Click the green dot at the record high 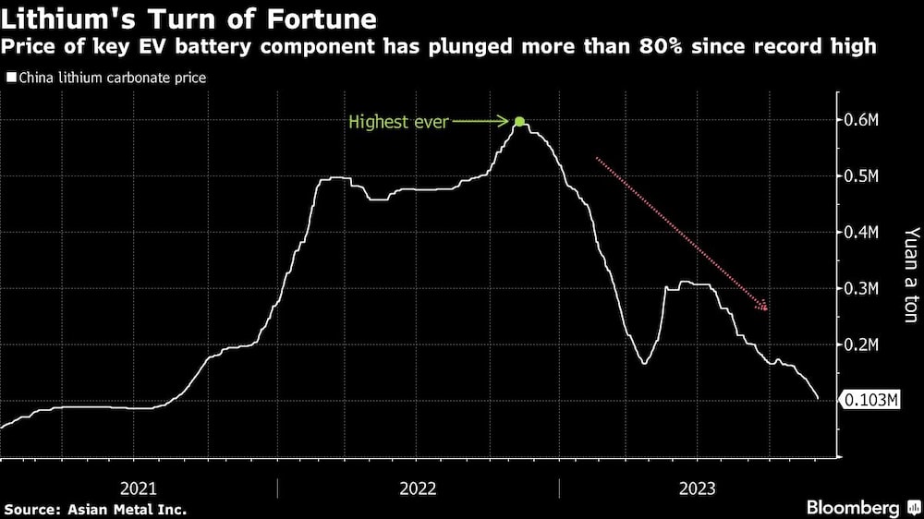point(519,122)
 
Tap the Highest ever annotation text point(398,122)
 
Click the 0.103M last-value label point(869,400)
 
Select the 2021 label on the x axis point(139,488)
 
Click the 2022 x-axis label point(418,488)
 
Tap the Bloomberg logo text point(853,508)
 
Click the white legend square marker point(11,78)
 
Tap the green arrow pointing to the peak point(480,122)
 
